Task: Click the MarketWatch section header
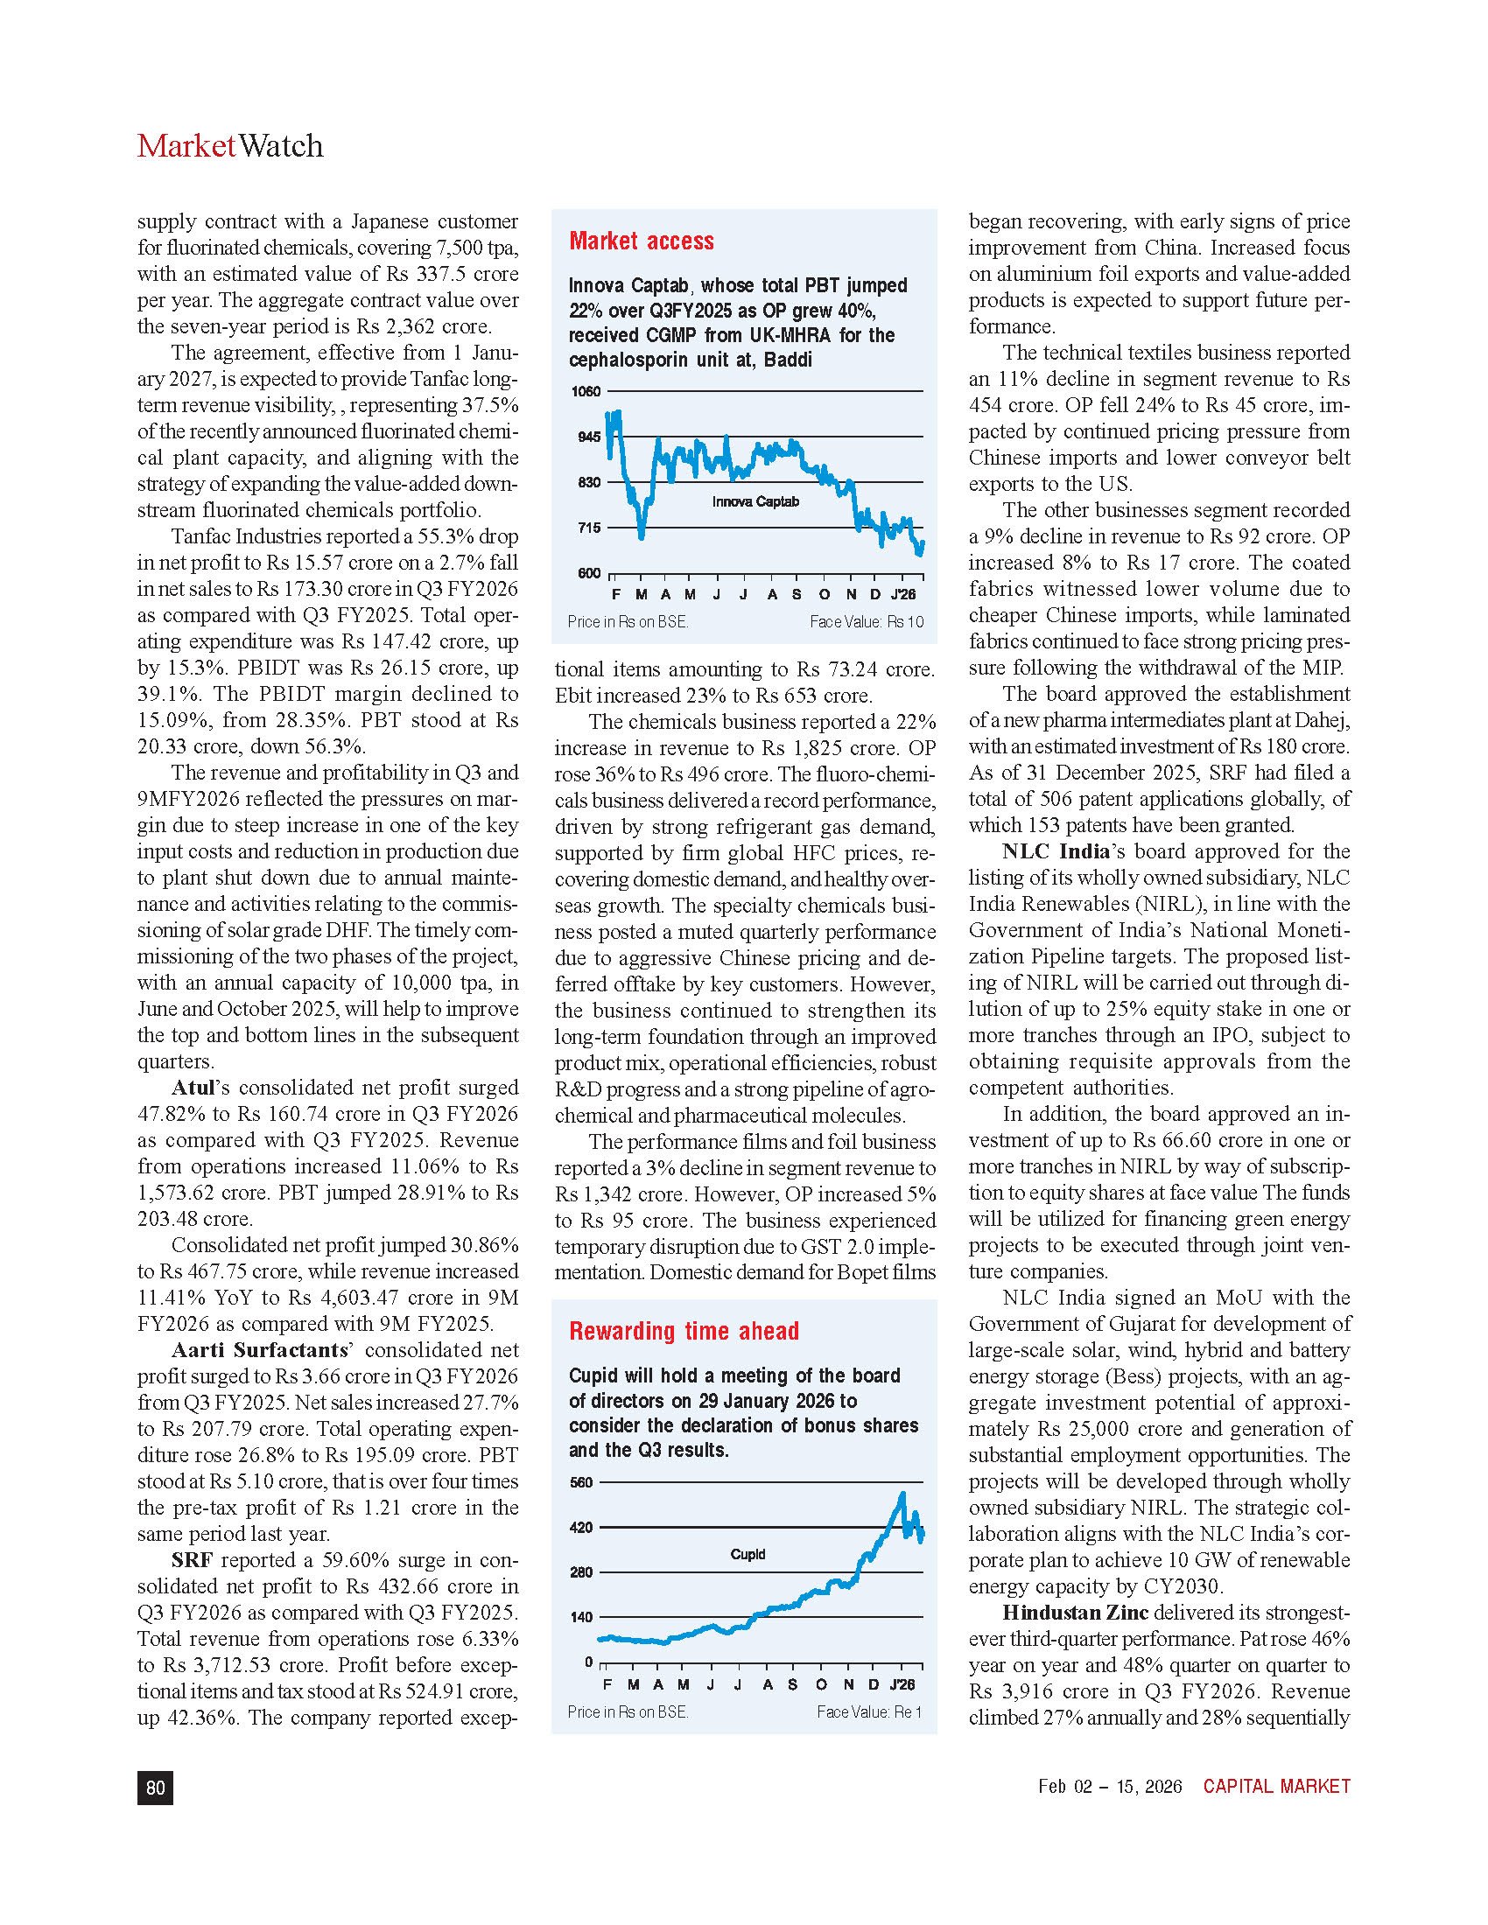(x=230, y=146)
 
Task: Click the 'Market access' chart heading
(x=641, y=241)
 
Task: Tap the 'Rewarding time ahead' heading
(x=684, y=1331)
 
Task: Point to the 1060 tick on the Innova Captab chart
(x=586, y=391)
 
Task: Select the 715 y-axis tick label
(x=588, y=528)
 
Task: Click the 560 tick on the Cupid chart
(x=581, y=1481)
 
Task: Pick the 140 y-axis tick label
(x=581, y=1616)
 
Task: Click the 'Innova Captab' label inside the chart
(x=755, y=501)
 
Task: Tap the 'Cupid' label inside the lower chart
(x=748, y=1554)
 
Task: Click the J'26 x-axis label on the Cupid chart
(x=902, y=1684)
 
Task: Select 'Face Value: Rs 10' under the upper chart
(x=867, y=622)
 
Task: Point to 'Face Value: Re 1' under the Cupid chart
(x=869, y=1711)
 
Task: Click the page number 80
(x=155, y=1788)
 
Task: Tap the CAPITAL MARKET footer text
(x=1276, y=1787)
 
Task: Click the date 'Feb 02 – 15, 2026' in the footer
(x=1110, y=1787)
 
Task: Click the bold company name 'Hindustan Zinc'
(x=1075, y=1613)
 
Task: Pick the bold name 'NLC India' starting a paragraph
(x=1056, y=851)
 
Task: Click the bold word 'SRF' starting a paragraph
(x=193, y=1560)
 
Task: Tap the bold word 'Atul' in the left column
(x=193, y=1088)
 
